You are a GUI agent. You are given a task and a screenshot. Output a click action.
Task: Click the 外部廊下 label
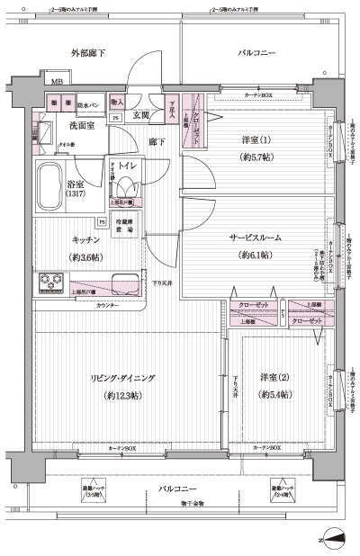pyautogui.click(x=88, y=54)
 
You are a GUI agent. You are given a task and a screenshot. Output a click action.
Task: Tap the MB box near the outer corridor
pyautogui.click(x=56, y=83)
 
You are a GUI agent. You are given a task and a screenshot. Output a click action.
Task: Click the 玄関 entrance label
pyautogui.click(x=141, y=115)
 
